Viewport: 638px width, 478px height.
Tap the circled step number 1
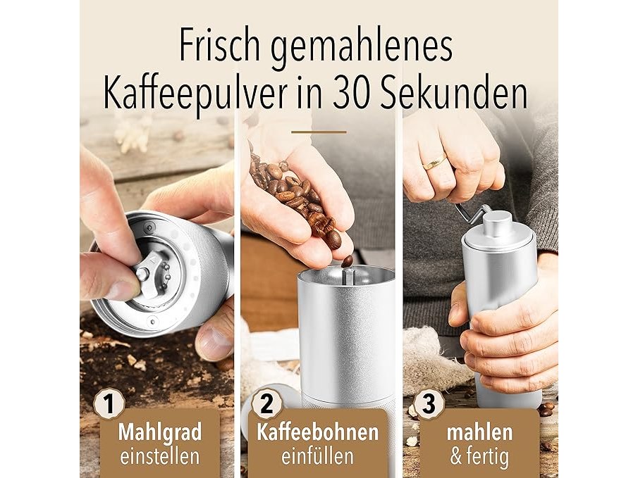click(x=109, y=405)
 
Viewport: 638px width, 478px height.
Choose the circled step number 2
click(x=266, y=405)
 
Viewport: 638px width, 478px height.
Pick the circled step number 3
click(x=429, y=405)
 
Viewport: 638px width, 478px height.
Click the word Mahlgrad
click(x=160, y=433)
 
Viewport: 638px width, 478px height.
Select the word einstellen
click(x=160, y=457)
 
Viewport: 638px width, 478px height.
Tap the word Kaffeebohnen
click(x=317, y=432)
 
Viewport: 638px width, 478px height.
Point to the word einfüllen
click(x=317, y=457)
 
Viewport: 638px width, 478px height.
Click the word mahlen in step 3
click(x=479, y=432)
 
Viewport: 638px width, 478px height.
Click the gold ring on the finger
click(x=434, y=162)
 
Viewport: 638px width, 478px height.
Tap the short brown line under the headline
click(x=319, y=132)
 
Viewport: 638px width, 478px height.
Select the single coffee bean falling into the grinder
click(x=348, y=261)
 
